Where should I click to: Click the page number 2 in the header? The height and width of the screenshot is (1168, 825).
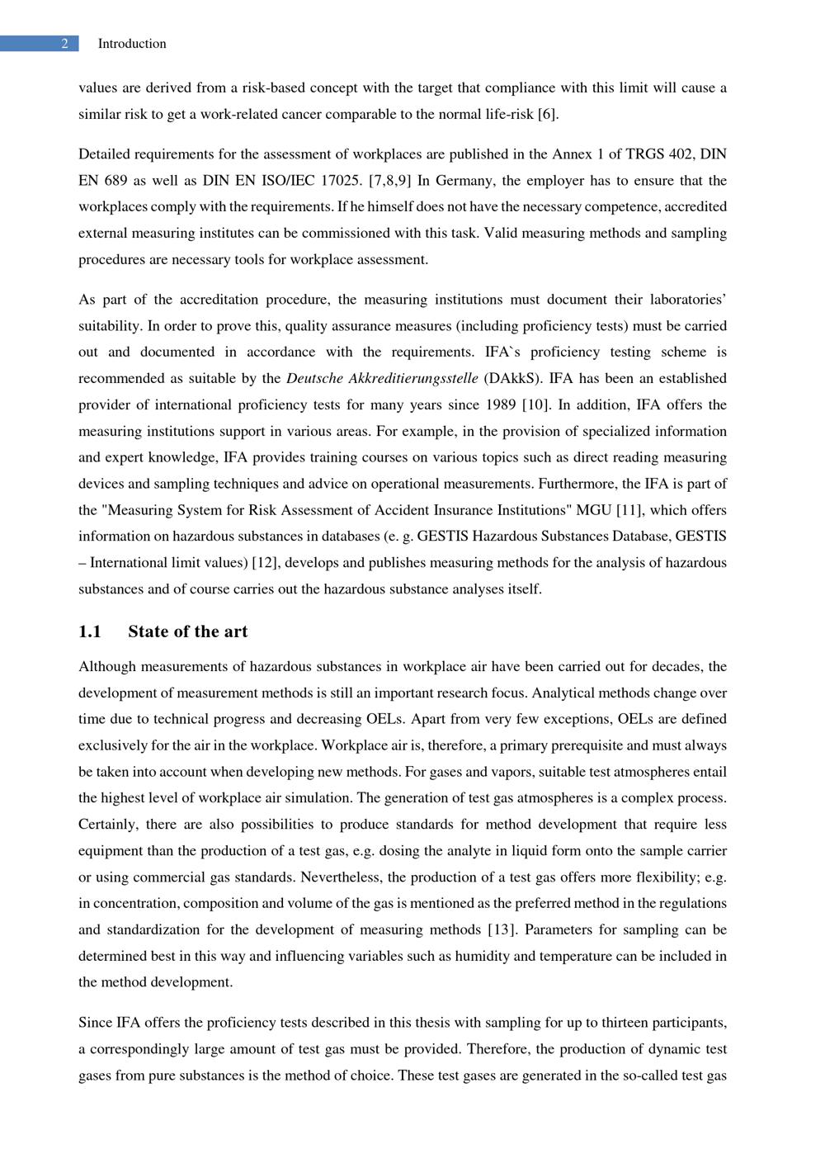[64, 44]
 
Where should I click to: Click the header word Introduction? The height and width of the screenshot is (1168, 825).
[132, 44]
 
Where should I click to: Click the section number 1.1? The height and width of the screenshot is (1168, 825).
[90, 631]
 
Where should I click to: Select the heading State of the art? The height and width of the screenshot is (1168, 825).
[187, 631]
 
